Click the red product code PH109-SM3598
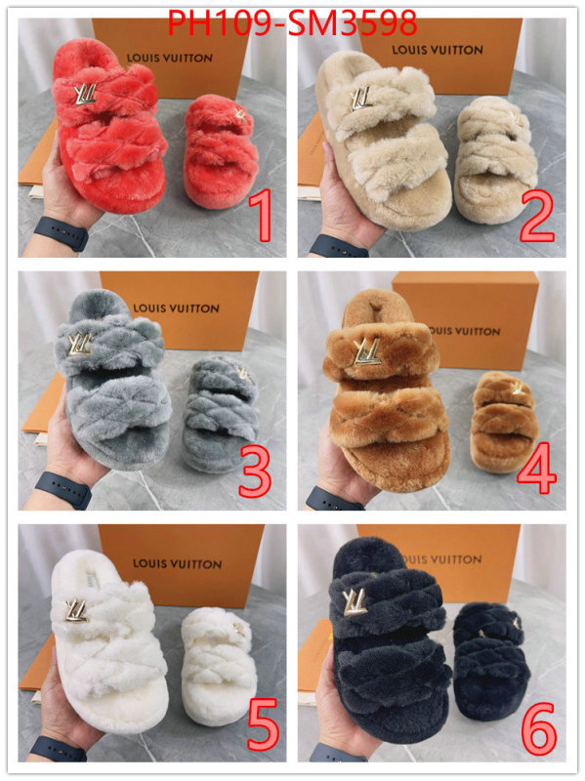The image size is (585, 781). (292, 22)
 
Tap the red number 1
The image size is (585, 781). (261, 215)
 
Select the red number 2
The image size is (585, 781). (537, 217)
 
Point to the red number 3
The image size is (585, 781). (255, 472)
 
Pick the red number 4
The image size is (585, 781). (536, 469)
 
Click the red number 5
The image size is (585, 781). (262, 723)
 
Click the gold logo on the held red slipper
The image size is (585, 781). (85, 95)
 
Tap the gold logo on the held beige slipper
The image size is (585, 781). (360, 99)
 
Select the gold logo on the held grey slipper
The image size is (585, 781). (80, 345)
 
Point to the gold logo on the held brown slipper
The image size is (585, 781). (366, 351)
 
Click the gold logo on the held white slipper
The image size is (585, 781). (76, 611)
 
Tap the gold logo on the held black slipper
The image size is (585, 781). (355, 601)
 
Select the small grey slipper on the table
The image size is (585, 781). (221, 414)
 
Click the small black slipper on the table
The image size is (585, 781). (491, 662)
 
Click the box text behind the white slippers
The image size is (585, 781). (178, 563)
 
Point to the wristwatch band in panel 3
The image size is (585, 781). (63, 490)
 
